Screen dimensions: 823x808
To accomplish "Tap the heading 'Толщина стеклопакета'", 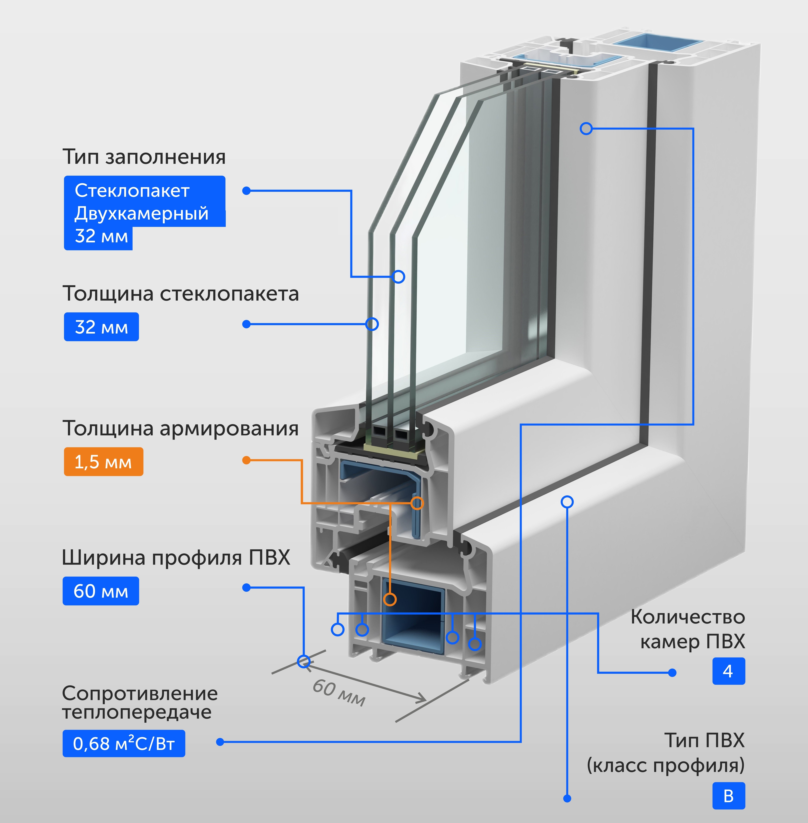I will (x=180, y=294).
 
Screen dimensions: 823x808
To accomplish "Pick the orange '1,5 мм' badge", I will (x=103, y=461).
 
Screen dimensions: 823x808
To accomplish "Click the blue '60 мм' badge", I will (x=101, y=591).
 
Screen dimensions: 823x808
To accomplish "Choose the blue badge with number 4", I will (x=728, y=671).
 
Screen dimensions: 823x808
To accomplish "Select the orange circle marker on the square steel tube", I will (x=390, y=599).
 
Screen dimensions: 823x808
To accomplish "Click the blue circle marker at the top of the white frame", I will (x=586, y=129).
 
